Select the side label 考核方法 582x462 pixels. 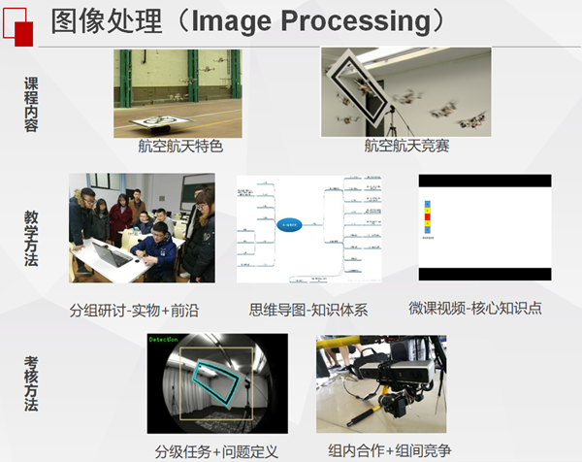pos(31,384)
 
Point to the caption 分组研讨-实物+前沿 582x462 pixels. pos(133,310)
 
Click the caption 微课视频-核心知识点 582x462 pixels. pos(475,308)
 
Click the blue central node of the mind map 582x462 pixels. pos(290,225)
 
